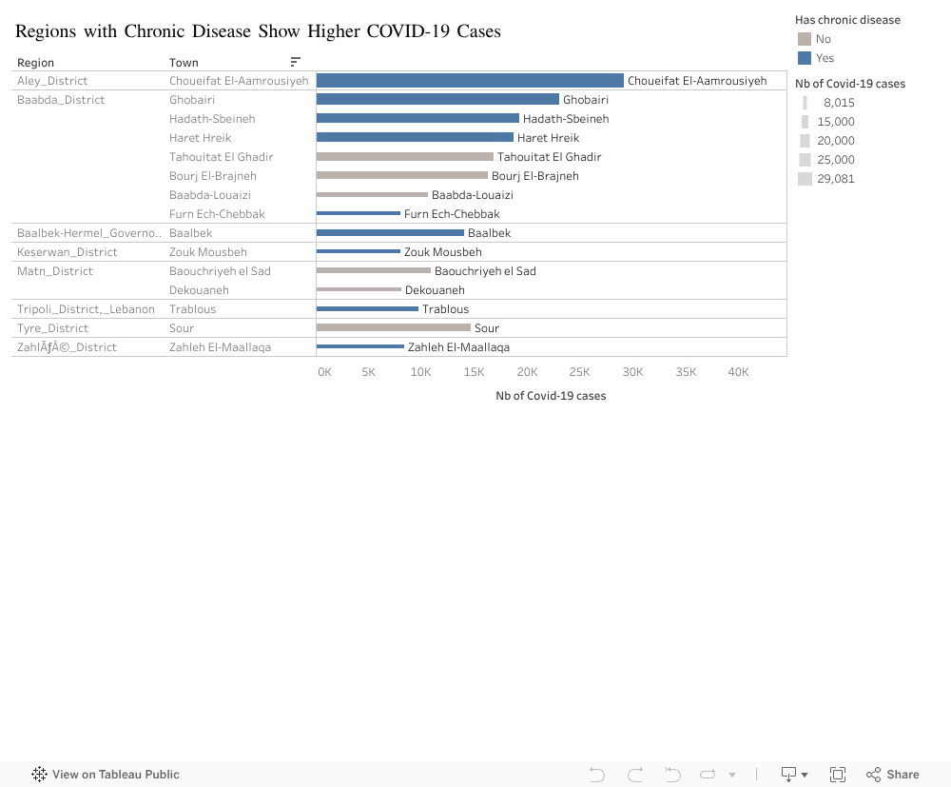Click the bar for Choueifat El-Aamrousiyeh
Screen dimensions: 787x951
(470, 81)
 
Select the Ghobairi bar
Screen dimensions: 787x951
(437, 99)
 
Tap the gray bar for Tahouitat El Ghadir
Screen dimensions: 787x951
(404, 156)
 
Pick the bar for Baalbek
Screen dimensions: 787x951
(390, 232)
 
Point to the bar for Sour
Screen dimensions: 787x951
(393, 327)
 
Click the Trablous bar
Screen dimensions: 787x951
(367, 308)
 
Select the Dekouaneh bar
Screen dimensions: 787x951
(359, 289)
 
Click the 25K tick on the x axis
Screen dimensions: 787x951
(579, 372)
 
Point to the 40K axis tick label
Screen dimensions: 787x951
(738, 372)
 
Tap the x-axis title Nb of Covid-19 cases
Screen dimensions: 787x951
(551, 396)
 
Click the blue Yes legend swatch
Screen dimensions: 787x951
(805, 58)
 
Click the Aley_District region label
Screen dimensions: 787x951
(52, 81)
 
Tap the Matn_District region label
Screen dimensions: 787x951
(55, 271)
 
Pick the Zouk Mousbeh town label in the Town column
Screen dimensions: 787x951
(207, 252)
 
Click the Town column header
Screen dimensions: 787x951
(184, 63)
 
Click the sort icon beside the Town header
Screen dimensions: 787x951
(296, 62)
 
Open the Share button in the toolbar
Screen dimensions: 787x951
(892, 775)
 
